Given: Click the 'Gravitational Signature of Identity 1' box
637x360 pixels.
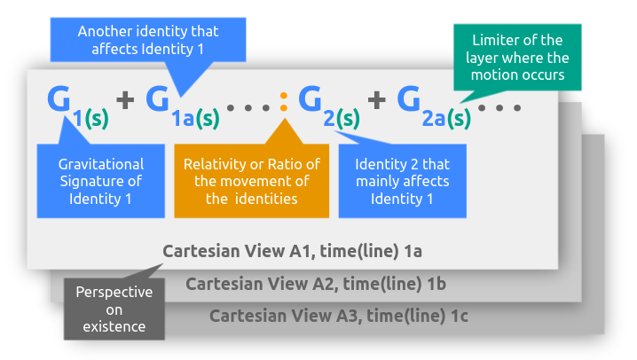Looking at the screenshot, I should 100,181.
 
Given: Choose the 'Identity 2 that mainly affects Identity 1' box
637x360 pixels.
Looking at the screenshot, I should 402,181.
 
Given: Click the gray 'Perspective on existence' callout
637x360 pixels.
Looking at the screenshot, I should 114,309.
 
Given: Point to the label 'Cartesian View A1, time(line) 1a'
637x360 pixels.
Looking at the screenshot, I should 292,251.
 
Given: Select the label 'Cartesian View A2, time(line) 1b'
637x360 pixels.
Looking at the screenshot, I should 316,284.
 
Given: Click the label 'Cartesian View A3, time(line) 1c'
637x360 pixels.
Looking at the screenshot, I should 339,316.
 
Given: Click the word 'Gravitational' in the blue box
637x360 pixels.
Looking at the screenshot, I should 100,164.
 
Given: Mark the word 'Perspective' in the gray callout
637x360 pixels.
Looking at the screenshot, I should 114,292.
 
